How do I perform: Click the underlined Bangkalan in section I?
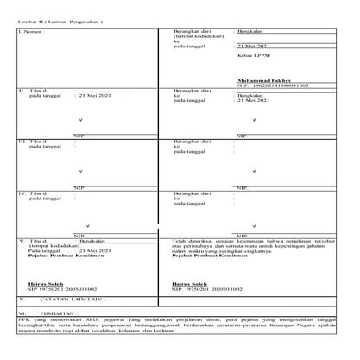pos(252,31)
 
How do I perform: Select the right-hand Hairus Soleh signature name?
pos(189,283)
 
